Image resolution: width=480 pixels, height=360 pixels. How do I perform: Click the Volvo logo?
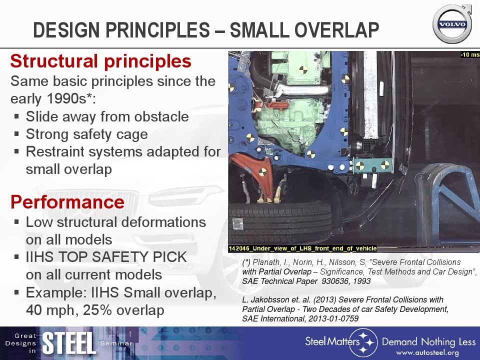(452, 24)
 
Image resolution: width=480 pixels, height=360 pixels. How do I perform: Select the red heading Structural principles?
(101, 61)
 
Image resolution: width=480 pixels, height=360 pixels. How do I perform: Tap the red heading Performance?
(67, 202)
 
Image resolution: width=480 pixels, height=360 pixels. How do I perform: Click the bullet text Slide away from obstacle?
(107, 116)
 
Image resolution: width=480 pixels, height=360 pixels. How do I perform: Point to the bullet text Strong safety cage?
(87, 134)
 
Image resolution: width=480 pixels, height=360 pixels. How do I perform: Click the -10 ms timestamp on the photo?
(470, 55)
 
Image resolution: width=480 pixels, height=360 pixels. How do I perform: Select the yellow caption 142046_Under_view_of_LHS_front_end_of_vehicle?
(303, 248)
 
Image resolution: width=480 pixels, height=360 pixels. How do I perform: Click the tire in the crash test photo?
(280, 223)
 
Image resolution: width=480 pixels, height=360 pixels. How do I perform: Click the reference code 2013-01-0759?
(333, 318)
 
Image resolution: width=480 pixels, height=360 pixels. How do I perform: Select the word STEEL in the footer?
(69, 343)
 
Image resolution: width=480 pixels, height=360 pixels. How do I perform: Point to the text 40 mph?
(50, 310)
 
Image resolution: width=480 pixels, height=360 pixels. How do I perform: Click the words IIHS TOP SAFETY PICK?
(106, 257)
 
